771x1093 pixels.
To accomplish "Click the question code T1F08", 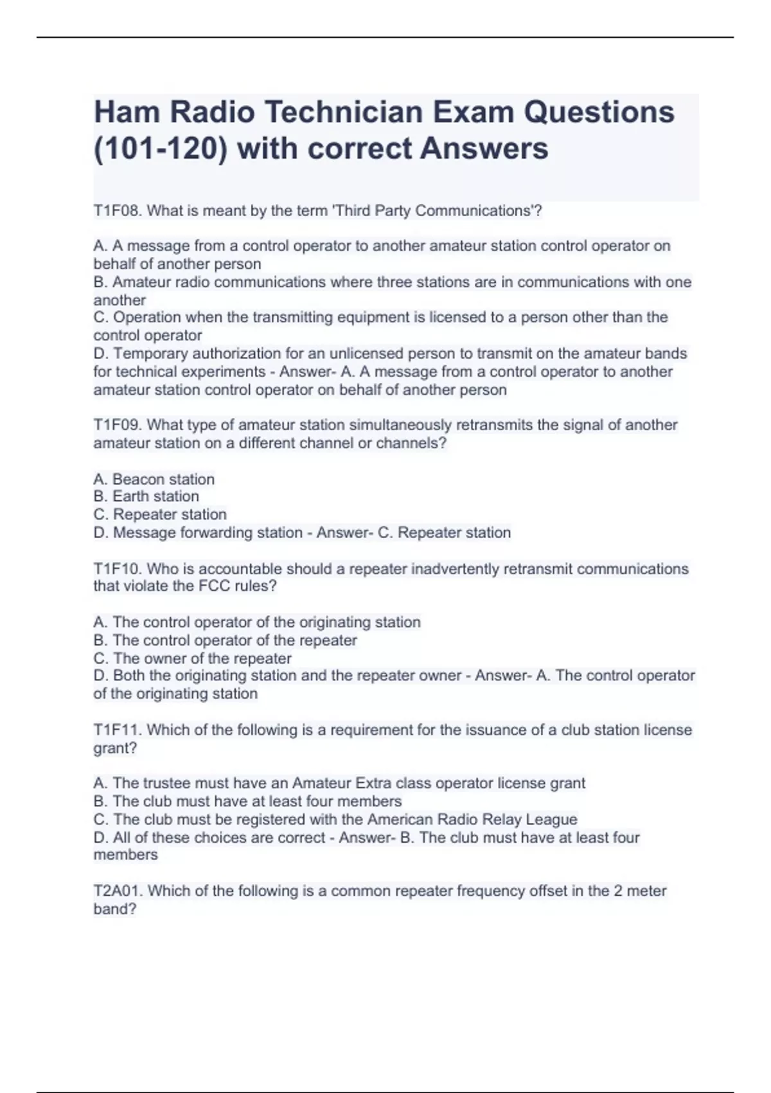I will click(x=118, y=211).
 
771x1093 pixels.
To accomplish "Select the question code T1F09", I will click(x=118, y=425).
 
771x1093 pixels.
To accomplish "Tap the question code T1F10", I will click(x=118, y=569).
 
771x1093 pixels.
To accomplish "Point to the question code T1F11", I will click(x=118, y=730).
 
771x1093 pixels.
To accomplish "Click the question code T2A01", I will click(x=118, y=891).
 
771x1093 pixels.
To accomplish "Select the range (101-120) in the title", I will click(x=161, y=149).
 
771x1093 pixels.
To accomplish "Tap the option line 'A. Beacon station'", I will click(x=154, y=480).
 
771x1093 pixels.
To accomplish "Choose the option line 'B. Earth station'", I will click(x=146, y=496).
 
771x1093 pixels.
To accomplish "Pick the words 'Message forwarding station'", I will click(x=208, y=533).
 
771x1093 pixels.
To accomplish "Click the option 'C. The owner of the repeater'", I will click(x=193, y=658).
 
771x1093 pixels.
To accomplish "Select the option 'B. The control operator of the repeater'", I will click(x=226, y=640).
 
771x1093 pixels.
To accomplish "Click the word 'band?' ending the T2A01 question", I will click(x=115, y=909).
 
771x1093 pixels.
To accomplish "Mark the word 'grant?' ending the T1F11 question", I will click(x=116, y=748).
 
